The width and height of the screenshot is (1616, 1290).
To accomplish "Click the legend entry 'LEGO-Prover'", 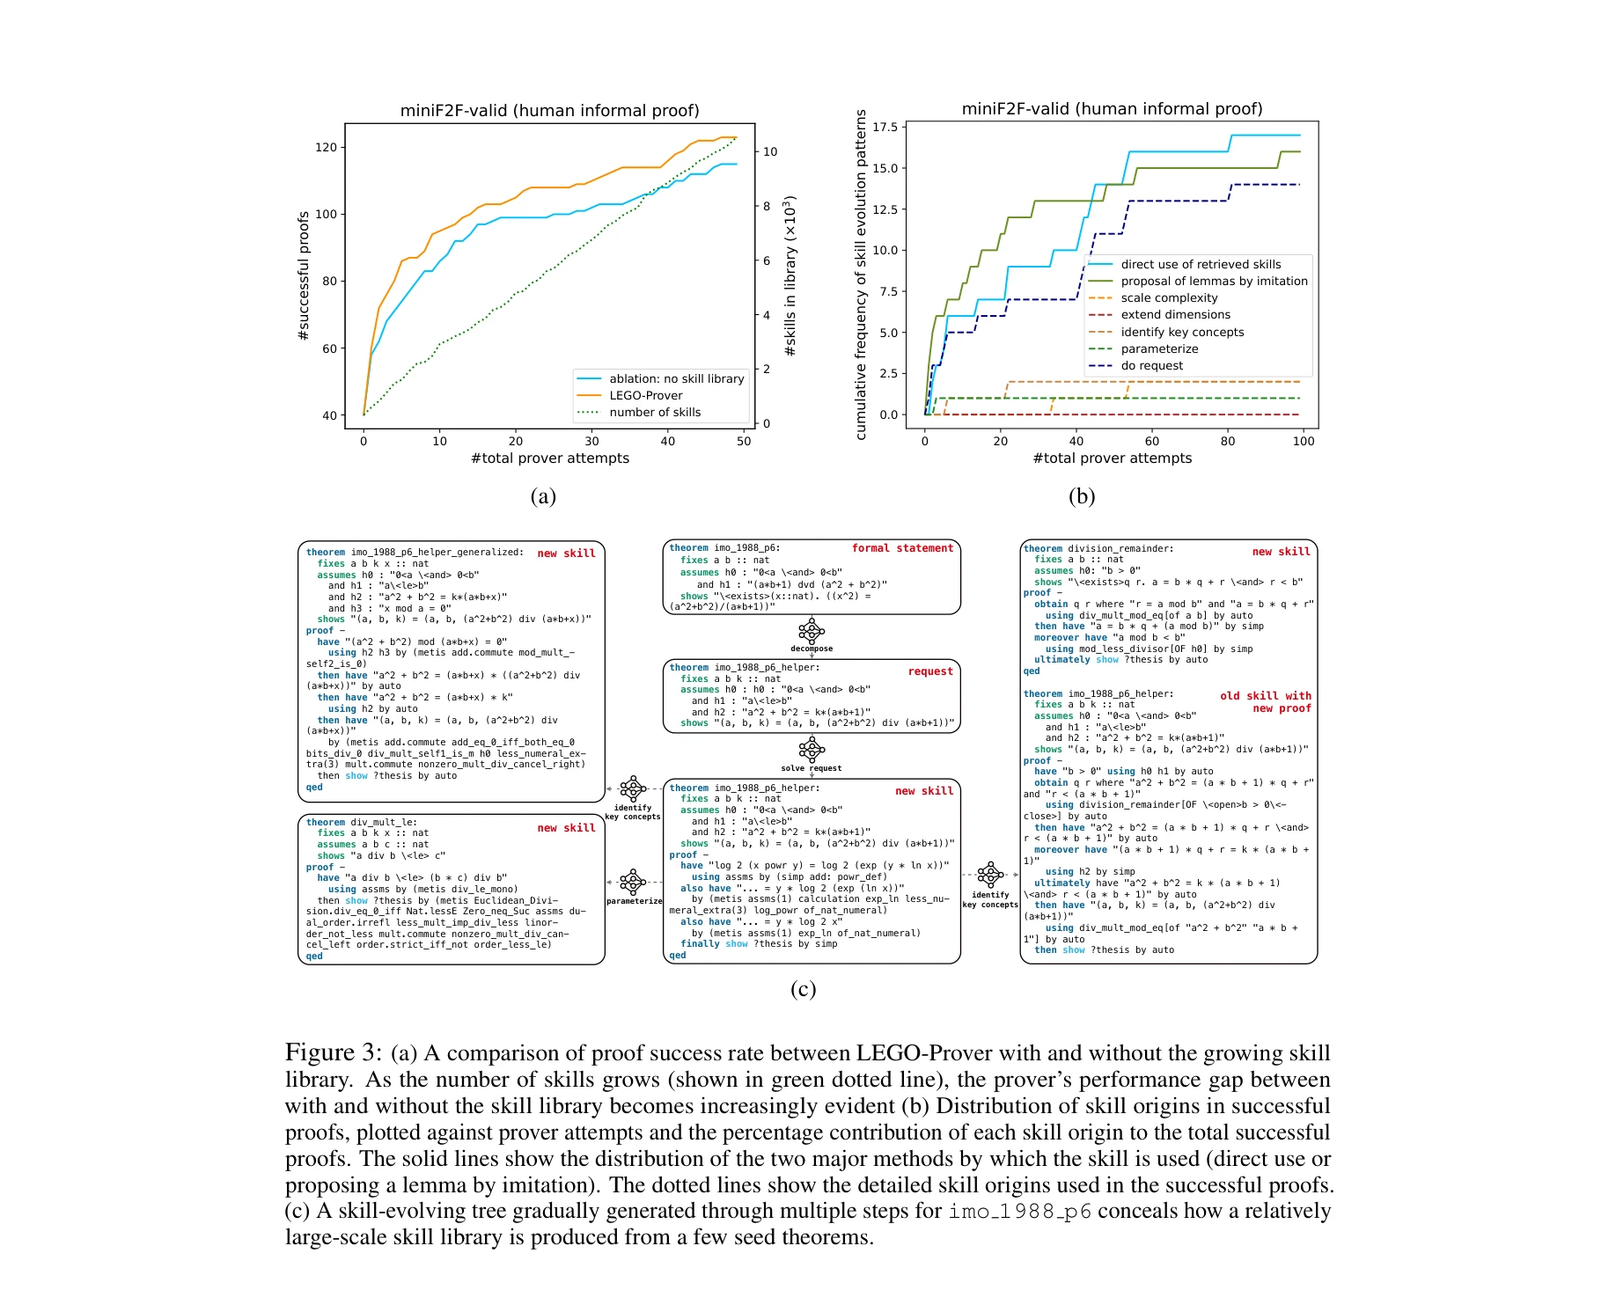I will point(645,395).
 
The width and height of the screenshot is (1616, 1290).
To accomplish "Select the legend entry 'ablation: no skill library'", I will point(676,378).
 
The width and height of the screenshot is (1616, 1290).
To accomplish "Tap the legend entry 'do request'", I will point(1151,365).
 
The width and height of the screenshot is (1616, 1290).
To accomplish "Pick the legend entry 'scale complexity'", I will point(1169,297).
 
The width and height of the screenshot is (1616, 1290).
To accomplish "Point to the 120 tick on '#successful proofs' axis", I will point(326,147).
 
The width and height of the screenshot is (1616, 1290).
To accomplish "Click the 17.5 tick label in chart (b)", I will point(885,128).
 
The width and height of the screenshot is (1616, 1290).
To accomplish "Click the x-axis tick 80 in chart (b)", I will point(1227,441).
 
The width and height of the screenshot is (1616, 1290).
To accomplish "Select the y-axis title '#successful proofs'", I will point(304,276).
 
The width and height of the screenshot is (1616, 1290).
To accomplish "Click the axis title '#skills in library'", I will point(790,276).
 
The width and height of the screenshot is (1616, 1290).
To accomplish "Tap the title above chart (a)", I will point(549,110).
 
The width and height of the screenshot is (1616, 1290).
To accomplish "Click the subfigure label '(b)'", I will point(1081,496).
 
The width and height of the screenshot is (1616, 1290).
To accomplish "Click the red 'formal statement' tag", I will point(902,548).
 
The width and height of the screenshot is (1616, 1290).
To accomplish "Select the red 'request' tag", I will point(930,671).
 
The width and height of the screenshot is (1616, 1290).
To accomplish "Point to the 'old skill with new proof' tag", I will point(1266,701).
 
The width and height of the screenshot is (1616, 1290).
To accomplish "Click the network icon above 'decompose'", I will point(811,631).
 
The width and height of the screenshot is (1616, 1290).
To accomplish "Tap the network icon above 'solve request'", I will point(811,750).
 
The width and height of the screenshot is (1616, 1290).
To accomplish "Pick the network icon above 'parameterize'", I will point(633,882).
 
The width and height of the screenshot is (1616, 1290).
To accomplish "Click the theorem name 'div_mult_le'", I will point(384,822).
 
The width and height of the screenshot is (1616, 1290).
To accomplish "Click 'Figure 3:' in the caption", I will point(334,1052).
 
